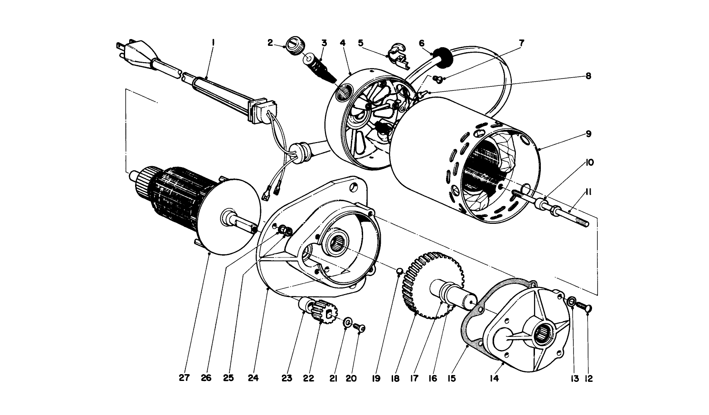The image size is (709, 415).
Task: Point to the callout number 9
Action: pos(588,134)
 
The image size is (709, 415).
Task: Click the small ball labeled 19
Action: pos(399,271)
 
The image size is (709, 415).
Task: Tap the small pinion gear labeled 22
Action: pos(324,310)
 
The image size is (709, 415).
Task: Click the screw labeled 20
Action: pos(359,327)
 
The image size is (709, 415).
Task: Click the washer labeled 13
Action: pos(572,301)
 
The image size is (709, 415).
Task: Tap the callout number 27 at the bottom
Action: pos(184,378)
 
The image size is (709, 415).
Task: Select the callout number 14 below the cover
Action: pos(494,378)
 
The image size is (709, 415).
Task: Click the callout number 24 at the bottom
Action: pos(253,378)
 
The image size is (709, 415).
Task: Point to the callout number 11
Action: pos(588,192)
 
